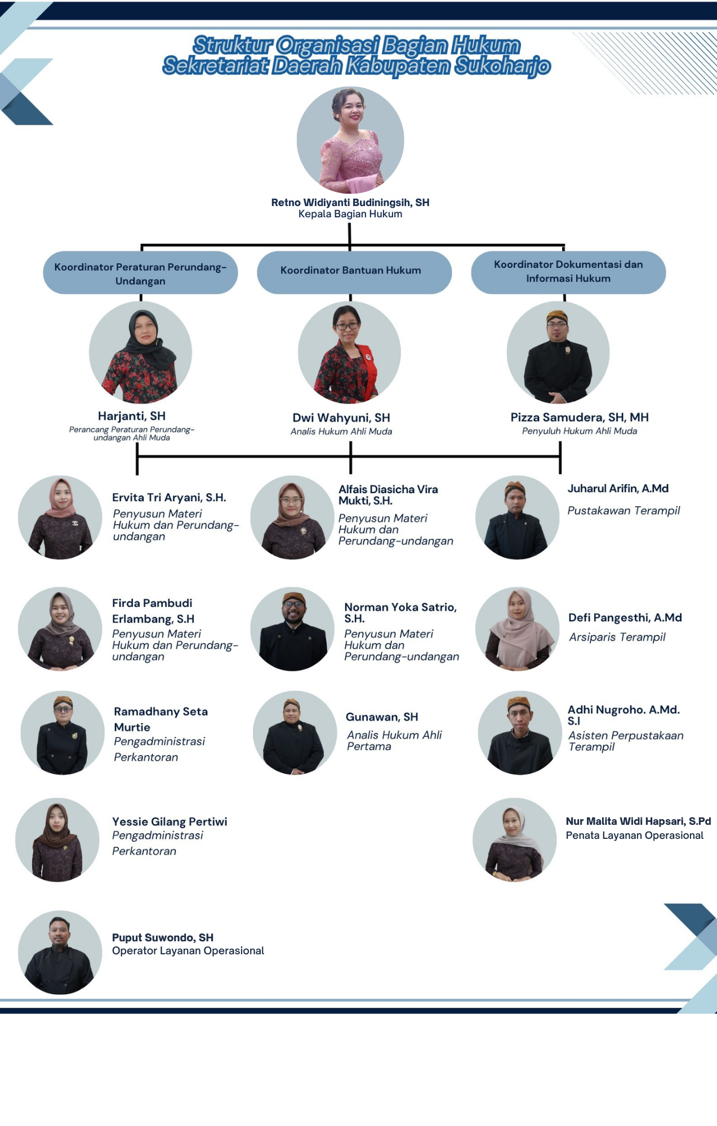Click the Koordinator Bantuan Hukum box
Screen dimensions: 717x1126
(354, 272)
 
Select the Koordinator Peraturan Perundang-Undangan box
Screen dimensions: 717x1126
(140, 272)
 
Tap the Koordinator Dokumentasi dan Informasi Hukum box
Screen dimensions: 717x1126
(568, 272)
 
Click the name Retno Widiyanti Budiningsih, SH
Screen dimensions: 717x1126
(350, 203)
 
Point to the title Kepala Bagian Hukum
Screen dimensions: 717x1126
(350, 215)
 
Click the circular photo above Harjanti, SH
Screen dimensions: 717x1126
(140, 352)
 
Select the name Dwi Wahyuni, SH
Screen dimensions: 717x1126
(341, 418)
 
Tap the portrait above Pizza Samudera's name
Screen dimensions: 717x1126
(558, 352)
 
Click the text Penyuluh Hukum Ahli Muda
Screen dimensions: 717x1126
(580, 431)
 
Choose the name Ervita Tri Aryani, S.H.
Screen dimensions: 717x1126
(169, 498)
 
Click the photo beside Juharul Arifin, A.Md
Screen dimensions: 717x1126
(517, 517)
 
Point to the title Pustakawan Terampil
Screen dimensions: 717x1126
(624, 511)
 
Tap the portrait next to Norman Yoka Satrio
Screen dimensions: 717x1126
(292, 629)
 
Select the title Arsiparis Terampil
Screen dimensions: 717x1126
(617, 637)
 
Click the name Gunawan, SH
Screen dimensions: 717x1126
(382, 717)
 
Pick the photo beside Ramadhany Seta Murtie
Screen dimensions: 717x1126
(63, 733)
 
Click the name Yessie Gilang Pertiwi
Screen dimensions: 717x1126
(170, 821)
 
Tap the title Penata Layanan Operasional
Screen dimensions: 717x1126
(635, 835)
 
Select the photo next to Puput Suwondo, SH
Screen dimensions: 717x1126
(60, 953)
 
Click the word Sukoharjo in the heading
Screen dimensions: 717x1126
(502, 66)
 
